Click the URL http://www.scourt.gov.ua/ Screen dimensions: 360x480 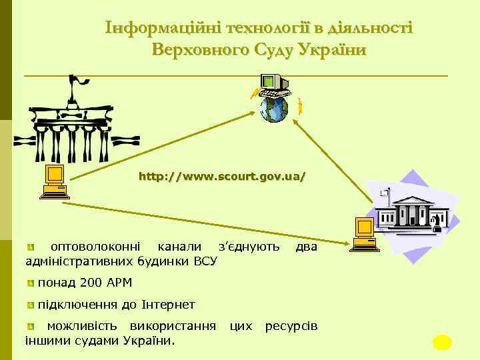click(x=222, y=177)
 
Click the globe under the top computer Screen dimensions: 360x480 click(x=273, y=109)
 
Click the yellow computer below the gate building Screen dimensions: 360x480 click(x=53, y=182)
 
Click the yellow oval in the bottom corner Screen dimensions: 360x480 click(x=442, y=343)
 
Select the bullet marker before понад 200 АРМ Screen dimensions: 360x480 click(x=31, y=284)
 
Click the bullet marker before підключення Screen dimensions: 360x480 click(x=31, y=305)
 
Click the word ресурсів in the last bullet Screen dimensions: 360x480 click(x=291, y=327)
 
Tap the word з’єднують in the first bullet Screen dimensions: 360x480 click(x=249, y=247)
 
